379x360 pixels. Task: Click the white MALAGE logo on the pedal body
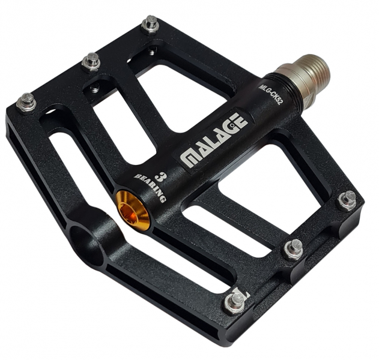214,139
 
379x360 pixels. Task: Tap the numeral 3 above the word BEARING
159,177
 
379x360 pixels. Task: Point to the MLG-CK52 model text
270,94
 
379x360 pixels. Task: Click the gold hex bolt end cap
133,211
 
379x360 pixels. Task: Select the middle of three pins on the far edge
91,62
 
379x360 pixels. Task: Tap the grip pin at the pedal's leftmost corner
27,103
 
